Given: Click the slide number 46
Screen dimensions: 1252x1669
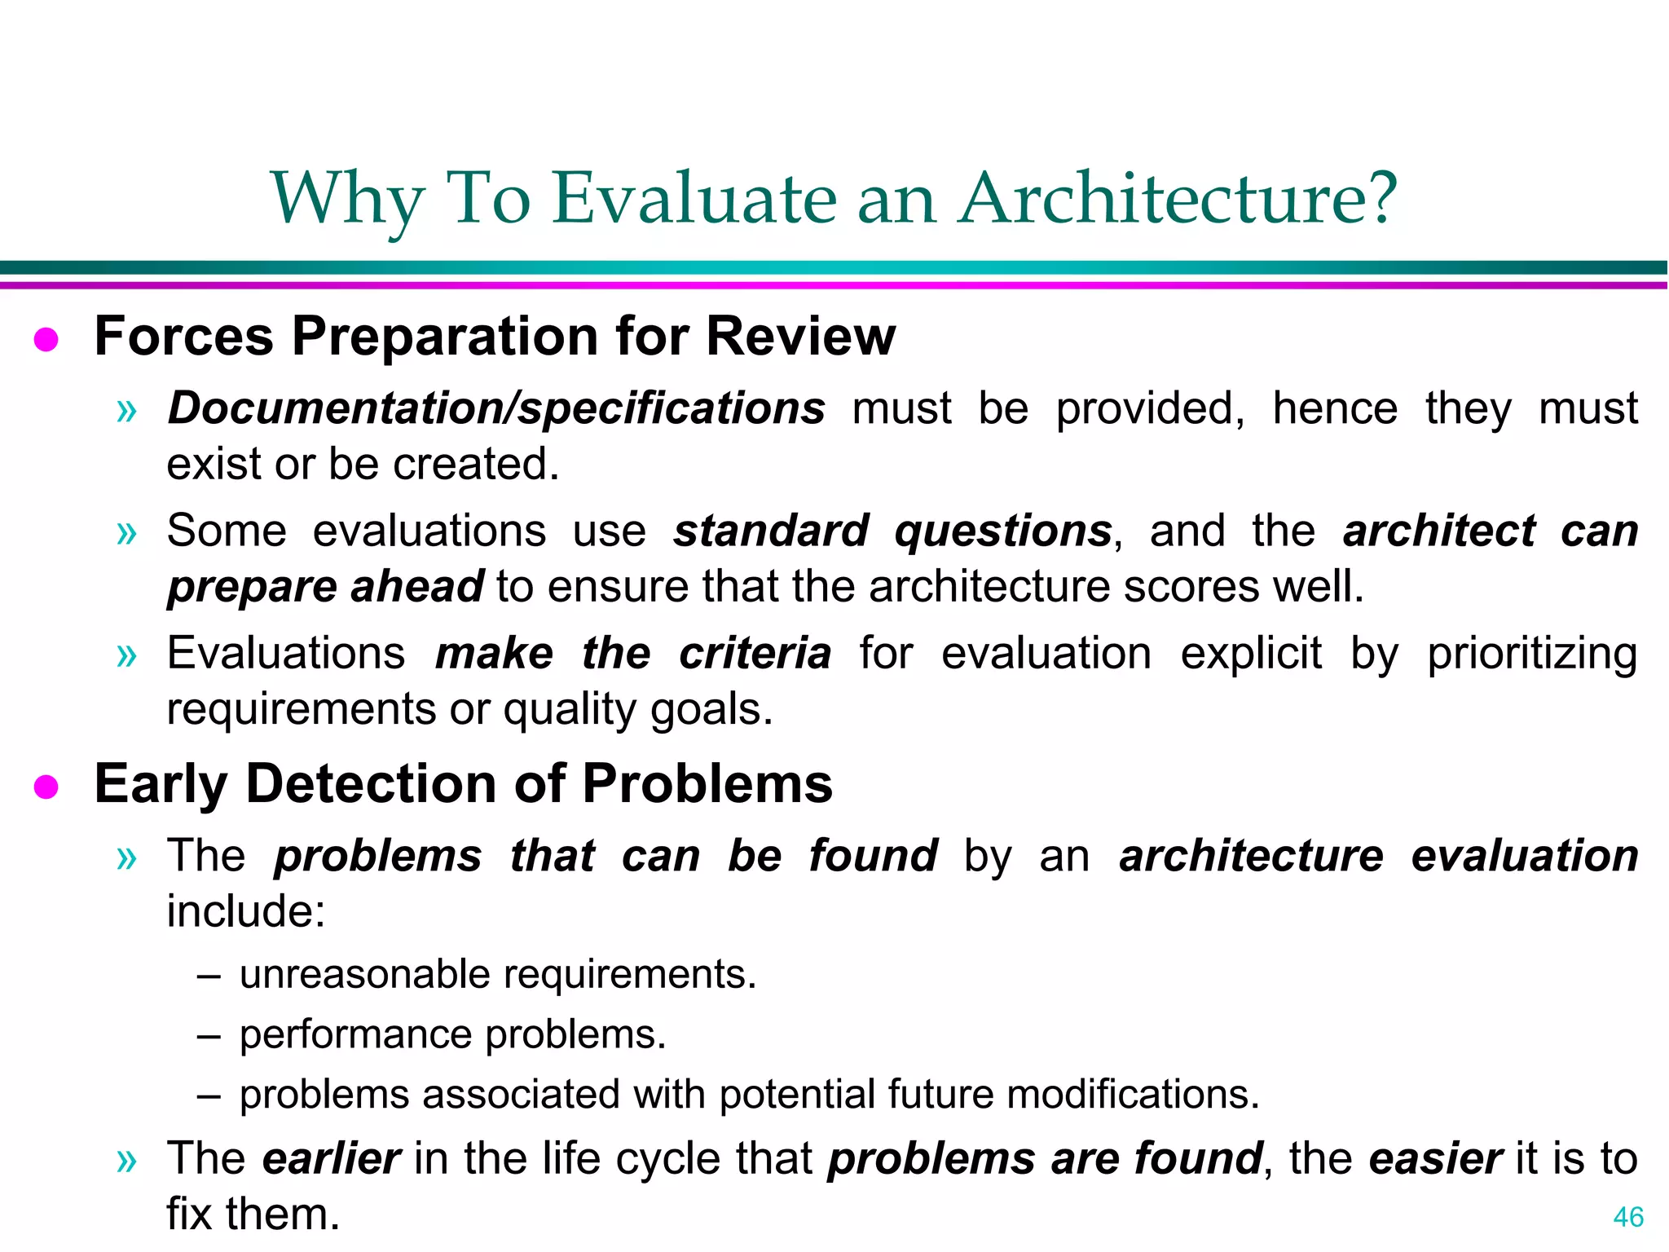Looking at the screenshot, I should (1627, 1217).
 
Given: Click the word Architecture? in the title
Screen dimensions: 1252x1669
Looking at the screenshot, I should (1178, 199).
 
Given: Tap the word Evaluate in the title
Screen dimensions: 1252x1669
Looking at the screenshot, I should (694, 199).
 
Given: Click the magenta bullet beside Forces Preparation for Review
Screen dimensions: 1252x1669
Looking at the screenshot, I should (46, 340).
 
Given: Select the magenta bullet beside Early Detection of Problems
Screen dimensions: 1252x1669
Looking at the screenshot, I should (46, 787).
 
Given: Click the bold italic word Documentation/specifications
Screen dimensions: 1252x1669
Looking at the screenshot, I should (495, 408).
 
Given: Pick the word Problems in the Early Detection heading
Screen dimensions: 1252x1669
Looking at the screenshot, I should (707, 783).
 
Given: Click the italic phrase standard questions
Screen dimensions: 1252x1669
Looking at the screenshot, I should (892, 531).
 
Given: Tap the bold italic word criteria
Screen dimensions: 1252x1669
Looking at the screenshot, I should (755, 654).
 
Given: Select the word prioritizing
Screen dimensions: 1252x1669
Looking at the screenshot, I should (1531, 654).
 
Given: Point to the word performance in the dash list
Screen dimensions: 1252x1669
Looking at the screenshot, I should (355, 1035).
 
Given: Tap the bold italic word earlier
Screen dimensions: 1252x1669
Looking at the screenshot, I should (331, 1159).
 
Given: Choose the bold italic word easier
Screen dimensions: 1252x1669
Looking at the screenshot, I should (1435, 1159).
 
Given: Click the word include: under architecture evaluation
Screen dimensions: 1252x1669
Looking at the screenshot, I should (245, 911).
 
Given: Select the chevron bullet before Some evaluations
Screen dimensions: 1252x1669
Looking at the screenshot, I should (126, 533).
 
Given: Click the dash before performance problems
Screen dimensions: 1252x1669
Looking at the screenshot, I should (209, 1036).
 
